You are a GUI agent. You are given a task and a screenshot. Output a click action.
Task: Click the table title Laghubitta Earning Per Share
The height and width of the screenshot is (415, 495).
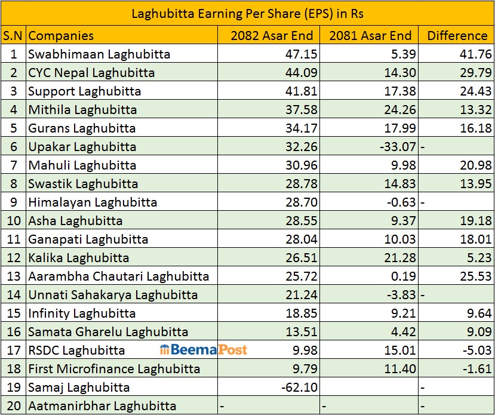tap(247, 13)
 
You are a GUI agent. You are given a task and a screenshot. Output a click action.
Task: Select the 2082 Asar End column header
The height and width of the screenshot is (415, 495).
tap(272, 36)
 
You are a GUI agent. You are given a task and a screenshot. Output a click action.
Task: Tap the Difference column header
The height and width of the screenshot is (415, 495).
tap(457, 36)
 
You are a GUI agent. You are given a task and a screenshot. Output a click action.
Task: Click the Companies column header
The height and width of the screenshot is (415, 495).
tap(61, 36)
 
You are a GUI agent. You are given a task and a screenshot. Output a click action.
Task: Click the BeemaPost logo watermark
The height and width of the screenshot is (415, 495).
tap(204, 350)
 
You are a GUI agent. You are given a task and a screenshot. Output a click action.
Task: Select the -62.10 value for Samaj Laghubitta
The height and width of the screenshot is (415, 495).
tap(297, 388)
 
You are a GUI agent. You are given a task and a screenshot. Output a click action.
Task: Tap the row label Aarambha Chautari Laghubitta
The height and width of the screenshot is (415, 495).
tap(119, 276)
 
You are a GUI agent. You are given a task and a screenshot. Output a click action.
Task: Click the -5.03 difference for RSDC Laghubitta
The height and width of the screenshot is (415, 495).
tap(474, 351)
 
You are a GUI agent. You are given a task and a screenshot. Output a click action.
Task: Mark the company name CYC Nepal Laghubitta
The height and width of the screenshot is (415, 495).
tap(91, 73)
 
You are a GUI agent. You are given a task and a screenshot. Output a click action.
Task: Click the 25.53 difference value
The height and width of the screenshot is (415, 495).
tap(475, 276)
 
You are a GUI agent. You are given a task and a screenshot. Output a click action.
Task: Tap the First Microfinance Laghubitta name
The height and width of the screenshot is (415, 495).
tap(114, 369)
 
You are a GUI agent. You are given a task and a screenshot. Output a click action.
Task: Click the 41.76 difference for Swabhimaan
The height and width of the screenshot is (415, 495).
tap(475, 54)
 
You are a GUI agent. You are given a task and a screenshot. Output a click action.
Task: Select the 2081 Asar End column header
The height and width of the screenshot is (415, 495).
tap(370, 36)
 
